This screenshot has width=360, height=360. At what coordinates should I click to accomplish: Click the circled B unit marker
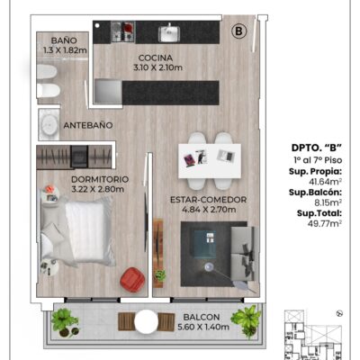(239, 31)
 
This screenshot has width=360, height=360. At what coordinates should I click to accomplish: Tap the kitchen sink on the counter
(169, 33)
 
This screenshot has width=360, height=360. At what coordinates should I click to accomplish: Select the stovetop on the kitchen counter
(123, 31)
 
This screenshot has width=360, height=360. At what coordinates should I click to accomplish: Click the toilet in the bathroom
(49, 90)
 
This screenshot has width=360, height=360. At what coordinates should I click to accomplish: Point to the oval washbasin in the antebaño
(49, 124)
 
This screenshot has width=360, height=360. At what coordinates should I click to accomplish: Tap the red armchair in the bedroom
(132, 280)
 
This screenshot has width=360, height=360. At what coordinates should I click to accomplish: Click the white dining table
(210, 161)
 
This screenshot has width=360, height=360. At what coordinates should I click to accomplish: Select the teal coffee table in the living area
(204, 244)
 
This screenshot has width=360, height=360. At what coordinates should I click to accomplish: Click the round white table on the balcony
(146, 321)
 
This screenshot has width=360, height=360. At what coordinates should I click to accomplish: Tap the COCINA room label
(156, 58)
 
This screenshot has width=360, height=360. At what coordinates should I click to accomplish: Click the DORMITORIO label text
(100, 179)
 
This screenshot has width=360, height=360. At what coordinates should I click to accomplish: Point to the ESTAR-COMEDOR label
(209, 200)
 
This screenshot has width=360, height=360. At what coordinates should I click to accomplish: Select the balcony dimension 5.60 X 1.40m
(203, 327)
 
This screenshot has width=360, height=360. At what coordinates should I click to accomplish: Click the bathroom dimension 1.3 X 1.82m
(65, 50)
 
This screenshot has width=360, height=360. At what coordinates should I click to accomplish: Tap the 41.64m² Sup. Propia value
(326, 182)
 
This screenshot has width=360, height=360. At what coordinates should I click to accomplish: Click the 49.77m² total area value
(325, 223)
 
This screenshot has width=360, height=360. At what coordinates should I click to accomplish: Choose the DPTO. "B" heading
(317, 148)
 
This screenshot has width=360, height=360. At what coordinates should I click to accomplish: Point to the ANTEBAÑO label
(88, 125)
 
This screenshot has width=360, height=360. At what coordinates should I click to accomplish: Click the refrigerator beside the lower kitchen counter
(108, 92)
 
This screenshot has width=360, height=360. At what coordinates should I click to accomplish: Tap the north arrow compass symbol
(340, 313)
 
